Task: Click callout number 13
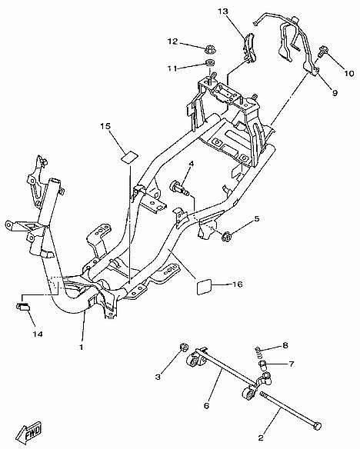coord(223,12)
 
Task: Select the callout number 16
coord(238,284)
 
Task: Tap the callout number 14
coord(38,334)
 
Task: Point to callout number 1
coord(82,347)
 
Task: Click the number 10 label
coord(349,73)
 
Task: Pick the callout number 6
coord(206,405)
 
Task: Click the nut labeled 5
coord(227,236)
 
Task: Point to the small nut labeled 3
coord(183,348)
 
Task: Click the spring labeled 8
coord(258,353)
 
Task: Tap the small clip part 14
coord(24,308)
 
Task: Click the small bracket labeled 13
coord(248,48)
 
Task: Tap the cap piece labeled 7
coord(263,365)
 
